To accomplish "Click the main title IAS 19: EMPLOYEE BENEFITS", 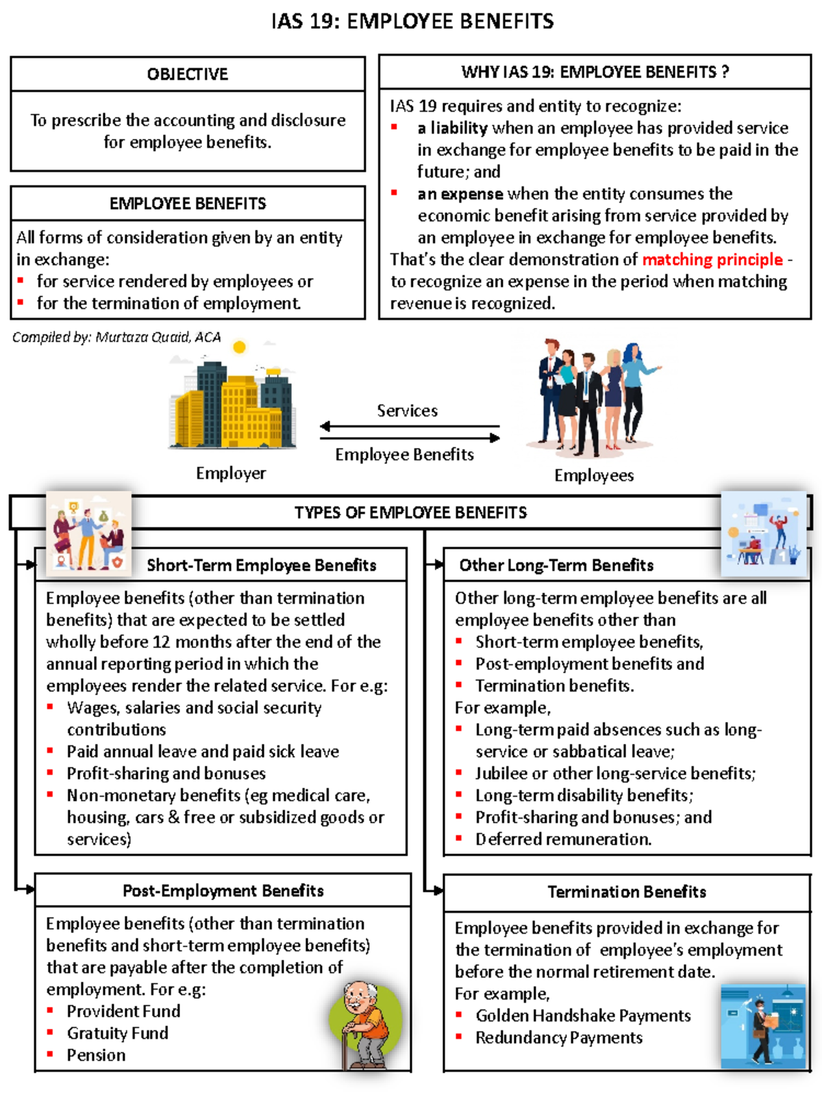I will [412, 21].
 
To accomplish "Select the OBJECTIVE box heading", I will [187, 74].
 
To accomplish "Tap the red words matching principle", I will [712, 260].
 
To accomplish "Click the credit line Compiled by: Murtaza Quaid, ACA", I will [116, 337].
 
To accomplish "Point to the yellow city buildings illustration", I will [234, 404].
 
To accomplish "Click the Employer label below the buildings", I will [231, 473].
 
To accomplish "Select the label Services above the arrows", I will [407, 410].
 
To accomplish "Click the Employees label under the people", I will [594, 475].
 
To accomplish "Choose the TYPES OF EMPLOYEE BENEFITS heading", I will [410, 512].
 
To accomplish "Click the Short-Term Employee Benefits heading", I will [261, 565].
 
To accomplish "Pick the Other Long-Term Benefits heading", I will [556, 565].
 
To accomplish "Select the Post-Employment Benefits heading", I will [223, 891].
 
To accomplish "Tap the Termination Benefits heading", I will [627, 892].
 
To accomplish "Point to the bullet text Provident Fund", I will [123, 1011].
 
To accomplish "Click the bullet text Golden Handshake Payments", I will [583, 1015].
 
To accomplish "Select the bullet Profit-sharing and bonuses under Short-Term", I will [166, 773].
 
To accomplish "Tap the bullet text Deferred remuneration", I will [563, 839].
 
